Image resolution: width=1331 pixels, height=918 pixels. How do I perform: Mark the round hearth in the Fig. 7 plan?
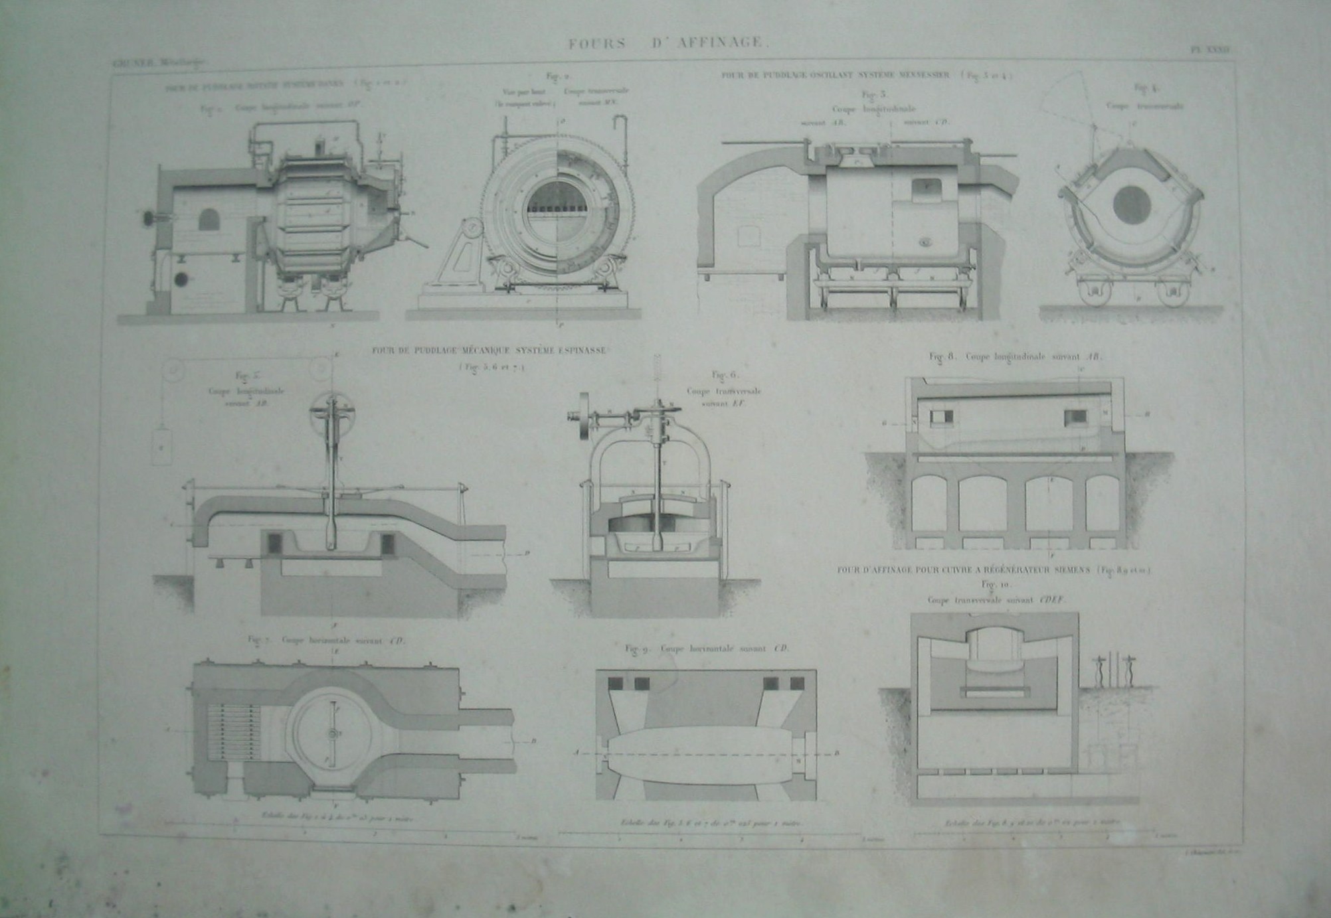click(330, 733)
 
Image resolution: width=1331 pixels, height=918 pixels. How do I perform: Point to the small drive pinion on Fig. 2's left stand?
click(473, 228)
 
